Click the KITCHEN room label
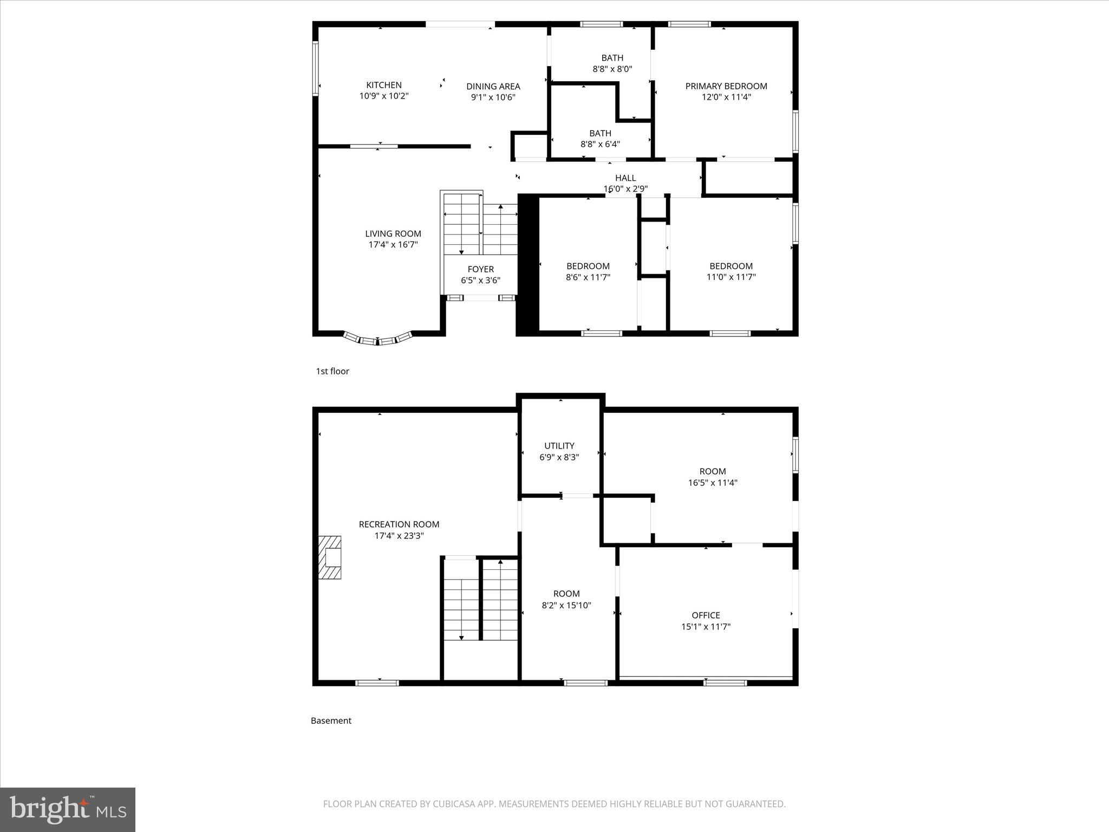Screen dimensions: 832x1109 (x=383, y=85)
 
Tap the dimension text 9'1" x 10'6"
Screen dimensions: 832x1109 (x=493, y=97)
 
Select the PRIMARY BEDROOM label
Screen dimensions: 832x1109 (x=726, y=86)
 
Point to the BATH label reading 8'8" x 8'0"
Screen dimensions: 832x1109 (x=612, y=58)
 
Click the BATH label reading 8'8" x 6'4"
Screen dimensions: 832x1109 (x=600, y=133)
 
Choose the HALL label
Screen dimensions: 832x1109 (x=625, y=178)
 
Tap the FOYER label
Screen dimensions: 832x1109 (x=480, y=269)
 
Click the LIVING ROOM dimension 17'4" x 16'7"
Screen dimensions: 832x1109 (x=393, y=245)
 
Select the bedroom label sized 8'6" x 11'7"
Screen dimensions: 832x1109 (x=588, y=266)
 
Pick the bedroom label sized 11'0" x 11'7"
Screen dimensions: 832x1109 (x=730, y=266)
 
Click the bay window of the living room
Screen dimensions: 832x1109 (x=378, y=340)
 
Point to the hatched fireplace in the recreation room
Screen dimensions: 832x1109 (x=329, y=557)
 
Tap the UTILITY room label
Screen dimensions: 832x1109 (x=559, y=446)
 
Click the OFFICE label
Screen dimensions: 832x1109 (x=705, y=615)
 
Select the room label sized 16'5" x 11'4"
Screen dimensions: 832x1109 (x=712, y=472)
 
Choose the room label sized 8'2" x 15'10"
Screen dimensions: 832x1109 (x=566, y=594)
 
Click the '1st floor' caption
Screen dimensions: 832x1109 (x=332, y=371)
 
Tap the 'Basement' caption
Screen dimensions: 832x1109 (x=331, y=720)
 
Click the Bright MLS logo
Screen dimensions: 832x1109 (x=68, y=810)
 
